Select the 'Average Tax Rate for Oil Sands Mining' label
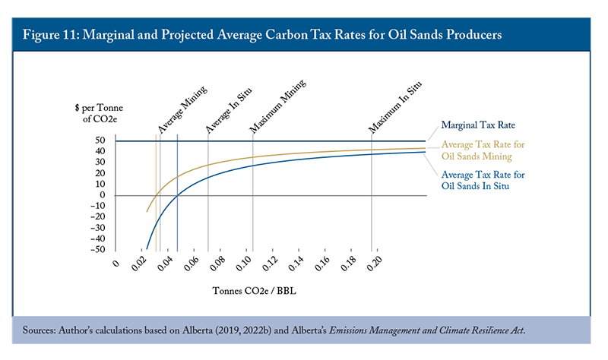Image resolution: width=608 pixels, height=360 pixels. pos(483,150)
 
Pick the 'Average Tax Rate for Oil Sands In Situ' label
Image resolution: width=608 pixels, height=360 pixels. pos(483,180)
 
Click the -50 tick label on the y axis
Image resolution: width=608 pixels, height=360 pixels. pos(98,249)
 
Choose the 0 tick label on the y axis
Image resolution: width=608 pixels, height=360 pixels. pos(103,195)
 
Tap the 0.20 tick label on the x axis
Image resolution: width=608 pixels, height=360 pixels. pos(374,266)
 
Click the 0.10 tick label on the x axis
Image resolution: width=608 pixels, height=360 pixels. pos(245,266)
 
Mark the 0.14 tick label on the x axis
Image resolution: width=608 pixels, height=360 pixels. pos(296,266)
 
